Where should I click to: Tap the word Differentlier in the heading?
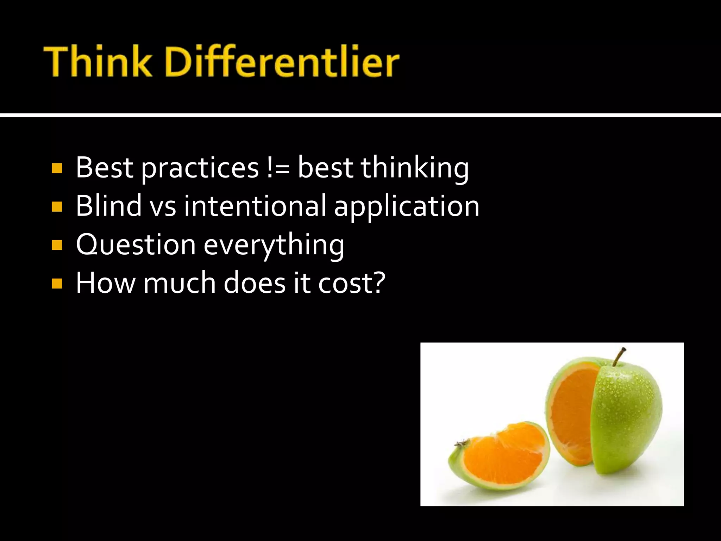[x=282, y=62]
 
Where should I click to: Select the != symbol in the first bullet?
[x=278, y=168]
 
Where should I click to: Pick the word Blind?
[x=109, y=206]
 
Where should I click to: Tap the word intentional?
[x=255, y=206]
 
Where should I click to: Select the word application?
[x=407, y=208]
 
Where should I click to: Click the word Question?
[x=136, y=245]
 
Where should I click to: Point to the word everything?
[x=274, y=246]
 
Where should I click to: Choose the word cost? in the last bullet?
[x=352, y=283]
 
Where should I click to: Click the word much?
[x=180, y=283]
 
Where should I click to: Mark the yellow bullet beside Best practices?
[x=57, y=168]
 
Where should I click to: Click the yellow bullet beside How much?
[x=57, y=284]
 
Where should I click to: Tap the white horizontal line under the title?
[x=360, y=115]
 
